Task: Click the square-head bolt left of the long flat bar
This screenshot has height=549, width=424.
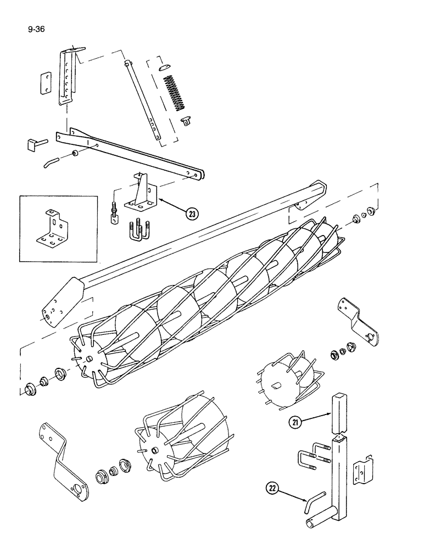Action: click(34, 145)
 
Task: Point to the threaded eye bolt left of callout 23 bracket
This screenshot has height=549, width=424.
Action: click(114, 215)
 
